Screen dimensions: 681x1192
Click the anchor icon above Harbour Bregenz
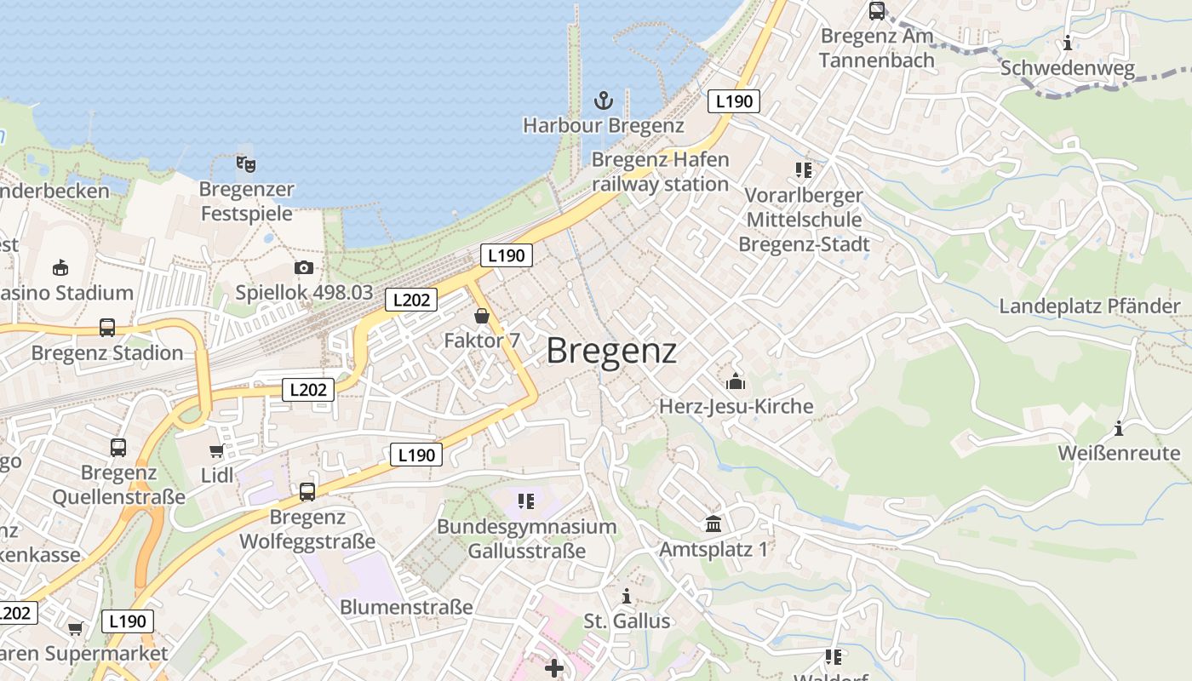(x=603, y=101)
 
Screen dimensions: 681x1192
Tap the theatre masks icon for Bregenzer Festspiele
(x=246, y=163)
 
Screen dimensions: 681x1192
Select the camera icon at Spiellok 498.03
(x=304, y=267)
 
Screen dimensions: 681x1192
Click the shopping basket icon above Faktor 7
(x=482, y=317)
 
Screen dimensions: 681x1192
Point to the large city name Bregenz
(x=611, y=351)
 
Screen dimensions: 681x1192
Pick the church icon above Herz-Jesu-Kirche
(x=736, y=381)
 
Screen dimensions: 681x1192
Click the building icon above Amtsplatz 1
(x=713, y=524)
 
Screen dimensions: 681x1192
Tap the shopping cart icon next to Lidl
(x=217, y=450)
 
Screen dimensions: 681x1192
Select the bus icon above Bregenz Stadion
(x=107, y=328)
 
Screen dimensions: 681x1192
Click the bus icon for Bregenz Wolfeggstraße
(x=307, y=492)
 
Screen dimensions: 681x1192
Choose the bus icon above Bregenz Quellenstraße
(x=118, y=448)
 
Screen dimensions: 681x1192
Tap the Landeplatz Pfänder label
(x=1090, y=306)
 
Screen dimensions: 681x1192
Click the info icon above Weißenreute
(x=1119, y=428)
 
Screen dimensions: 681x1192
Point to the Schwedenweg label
(x=1068, y=68)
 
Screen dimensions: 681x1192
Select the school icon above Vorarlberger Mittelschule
(x=803, y=170)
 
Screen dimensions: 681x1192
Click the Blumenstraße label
(x=406, y=608)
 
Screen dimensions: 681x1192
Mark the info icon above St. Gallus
(x=627, y=596)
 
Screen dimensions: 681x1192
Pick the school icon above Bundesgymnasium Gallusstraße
(x=525, y=501)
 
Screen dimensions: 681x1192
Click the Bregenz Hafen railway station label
(x=660, y=172)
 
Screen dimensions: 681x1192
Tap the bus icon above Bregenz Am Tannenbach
(x=876, y=11)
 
